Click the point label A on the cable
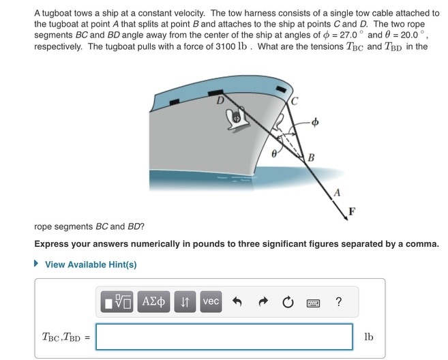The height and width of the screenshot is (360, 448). pyautogui.click(x=336, y=192)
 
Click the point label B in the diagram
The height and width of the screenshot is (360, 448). pyautogui.click(x=311, y=159)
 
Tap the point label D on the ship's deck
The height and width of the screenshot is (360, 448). pyautogui.click(x=220, y=101)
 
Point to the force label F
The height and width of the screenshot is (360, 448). pyautogui.click(x=352, y=210)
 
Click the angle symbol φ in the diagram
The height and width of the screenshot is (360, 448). pyautogui.click(x=314, y=123)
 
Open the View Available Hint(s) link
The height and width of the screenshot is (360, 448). pyautogui.click(x=90, y=265)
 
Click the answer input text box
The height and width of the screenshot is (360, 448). pyautogui.click(x=224, y=337)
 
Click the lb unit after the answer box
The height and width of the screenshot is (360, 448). pyautogui.click(x=368, y=337)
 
